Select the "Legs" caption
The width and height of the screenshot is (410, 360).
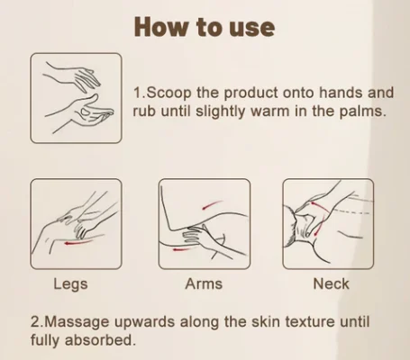pyautogui.click(x=70, y=284)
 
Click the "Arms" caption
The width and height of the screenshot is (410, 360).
pyautogui.click(x=204, y=283)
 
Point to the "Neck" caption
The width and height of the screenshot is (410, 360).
pyautogui.click(x=331, y=283)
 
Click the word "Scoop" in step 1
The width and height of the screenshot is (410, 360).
pyautogui.click(x=169, y=93)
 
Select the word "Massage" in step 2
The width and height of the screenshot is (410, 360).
pyautogui.click(x=78, y=322)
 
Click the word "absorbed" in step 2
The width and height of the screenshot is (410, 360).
pyautogui.click(x=98, y=340)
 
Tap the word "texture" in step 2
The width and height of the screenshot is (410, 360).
pyautogui.click(x=310, y=322)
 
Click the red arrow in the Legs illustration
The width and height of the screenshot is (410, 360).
pyautogui.click(x=77, y=242)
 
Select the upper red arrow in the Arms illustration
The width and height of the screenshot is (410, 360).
pyautogui.click(x=212, y=204)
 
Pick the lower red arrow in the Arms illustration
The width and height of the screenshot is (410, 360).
pyautogui.click(x=180, y=249)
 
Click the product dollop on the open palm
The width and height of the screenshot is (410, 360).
pyautogui.click(x=86, y=112)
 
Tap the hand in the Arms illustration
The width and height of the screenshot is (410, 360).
pyautogui.click(x=198, y=236)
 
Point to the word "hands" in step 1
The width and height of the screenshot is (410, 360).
pyautogui.click(x=341, y=93)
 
